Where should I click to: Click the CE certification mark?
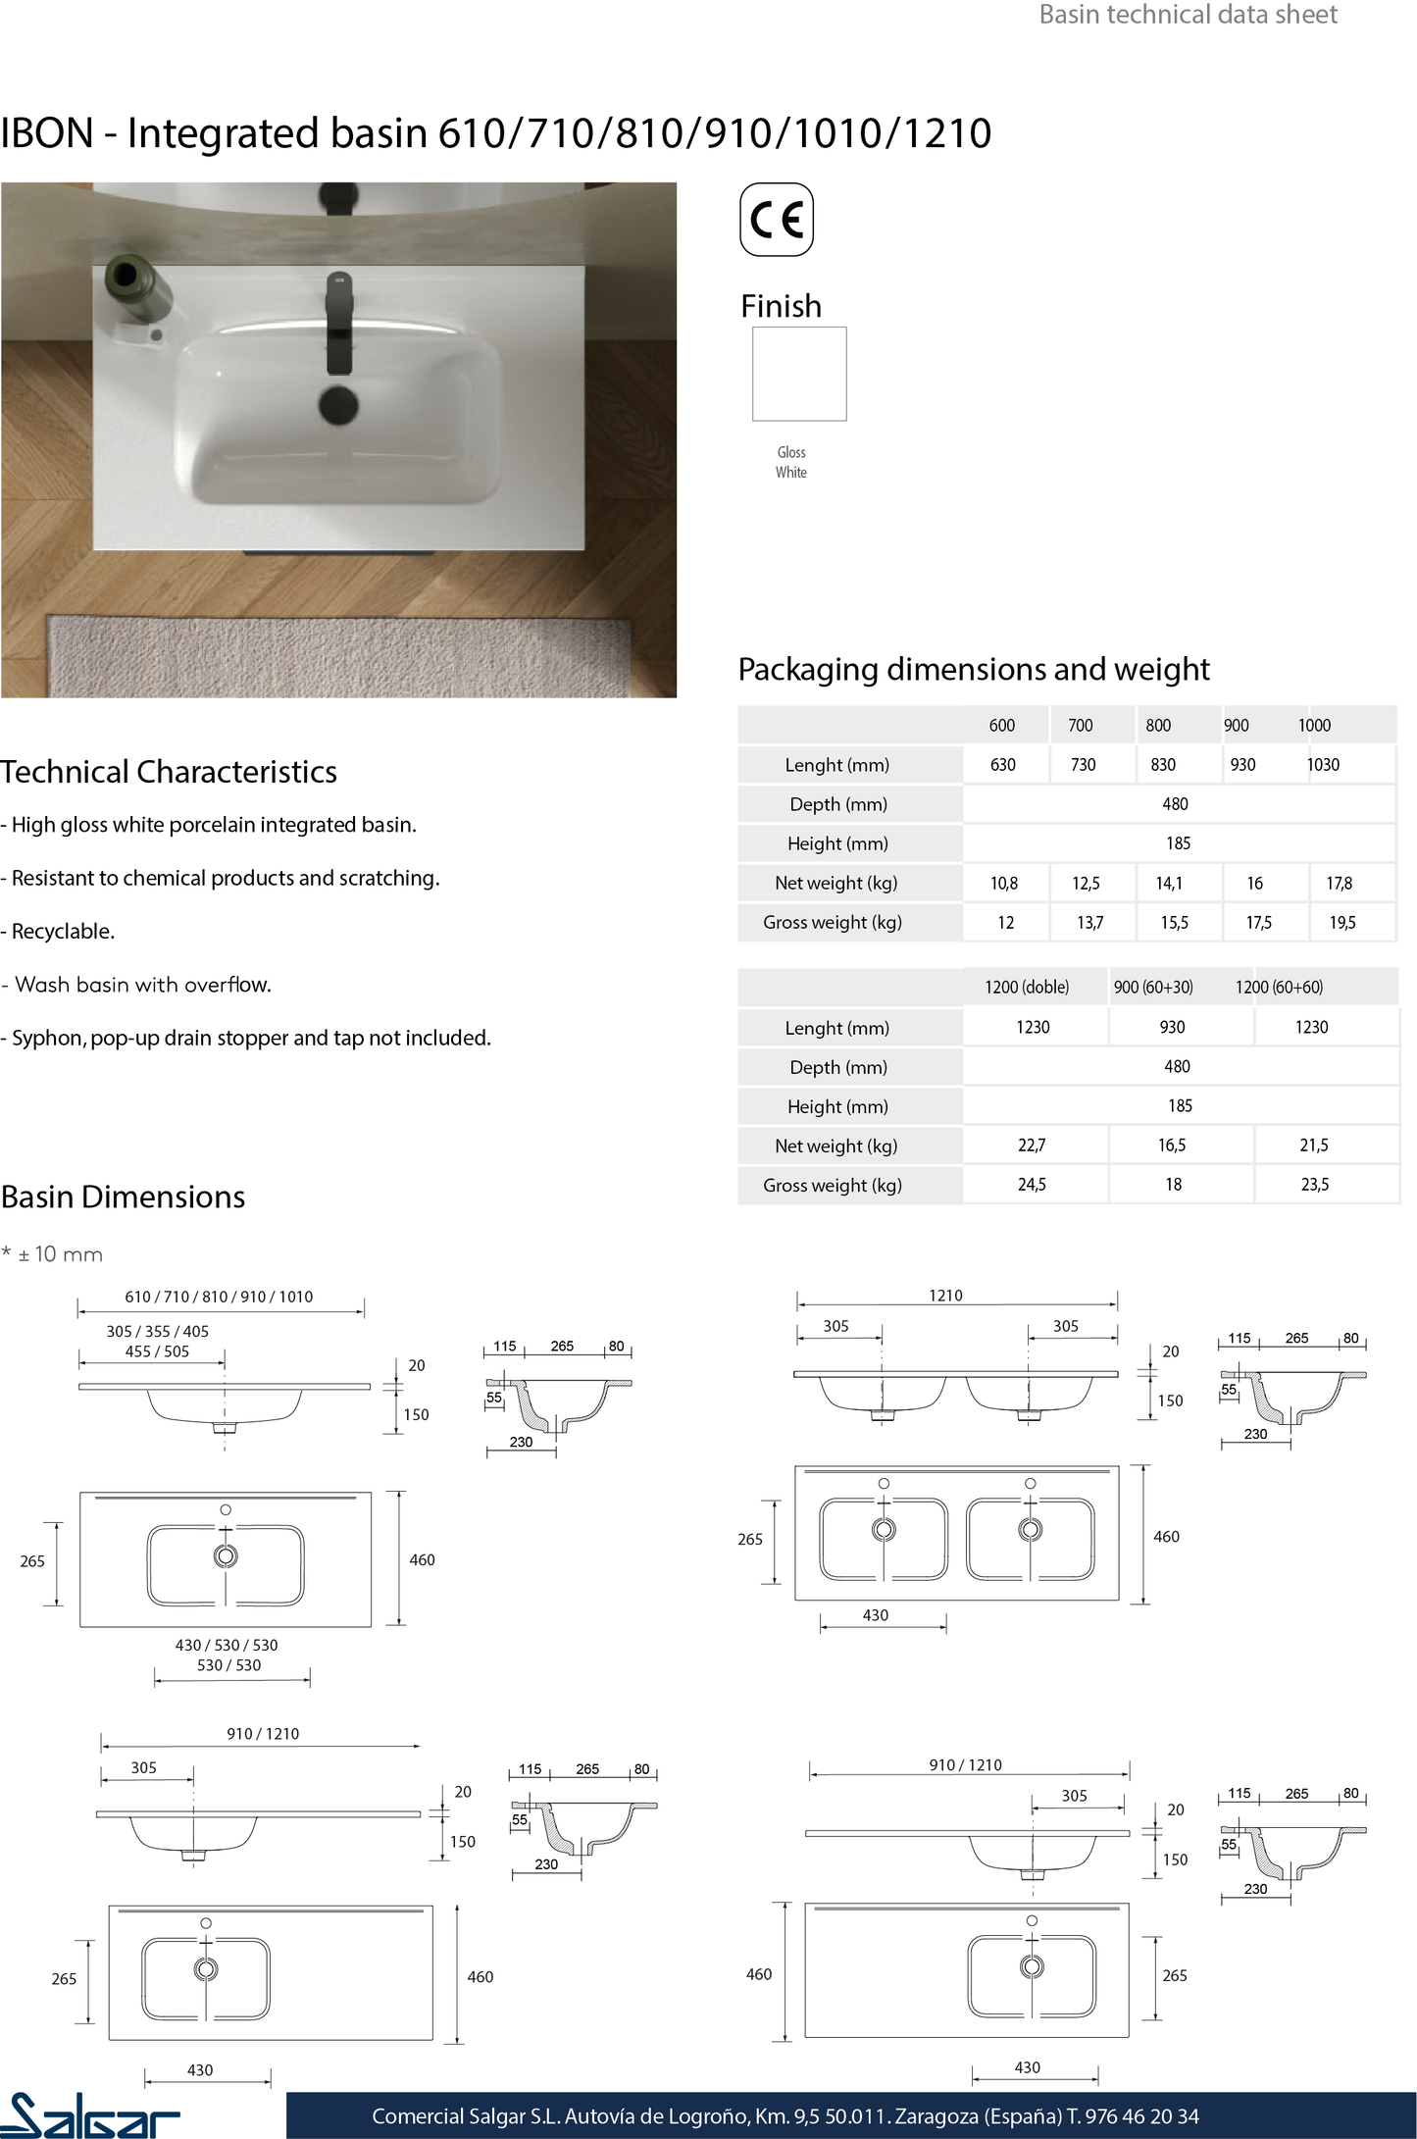pyautogui.click(x=776, y=220)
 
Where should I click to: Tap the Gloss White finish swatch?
pyautogui.click(x=799, y=374)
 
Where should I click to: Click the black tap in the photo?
pyautogui.click(x=338, y=322)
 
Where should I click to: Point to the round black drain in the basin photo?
pyautogui.click(x=338, y=404)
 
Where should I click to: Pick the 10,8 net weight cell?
pyautogui.click(x=1004, y=883)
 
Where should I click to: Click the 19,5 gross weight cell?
pyautogui.click(x=1341, y=922)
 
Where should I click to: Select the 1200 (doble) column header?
pyautogui.click(x=1027, y=987)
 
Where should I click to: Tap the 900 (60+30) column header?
pyautogui.click(x=1153, y=987)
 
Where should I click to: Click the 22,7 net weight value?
pyautogui.click(x=1032, y=1145)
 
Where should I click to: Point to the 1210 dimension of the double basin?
pyautogui.click(x=945, y=1296)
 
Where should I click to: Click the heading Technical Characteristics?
pyautogui.click(x=169, y=772)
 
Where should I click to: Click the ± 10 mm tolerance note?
pyautogui.click(x=59, y=1254)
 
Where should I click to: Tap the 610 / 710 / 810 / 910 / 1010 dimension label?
pyautogui.click(x=219, y=1297)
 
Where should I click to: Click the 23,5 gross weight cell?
pyautogui.click(x=1314, y=1184)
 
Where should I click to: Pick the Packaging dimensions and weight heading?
pyautogui.click(x=973, y=669)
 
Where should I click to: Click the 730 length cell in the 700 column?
pyautogui.click(x=1083, y=764)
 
